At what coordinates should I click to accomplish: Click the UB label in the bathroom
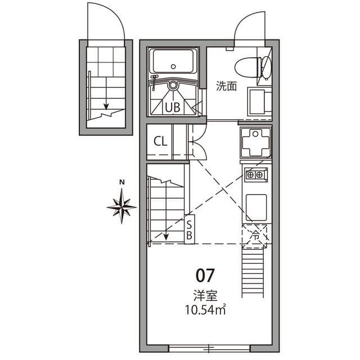[173, 107]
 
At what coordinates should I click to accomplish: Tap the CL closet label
[160, 141]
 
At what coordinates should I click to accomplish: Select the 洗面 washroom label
[226, 86]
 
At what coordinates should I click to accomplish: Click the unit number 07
[205, 275]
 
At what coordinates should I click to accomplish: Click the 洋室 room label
[205, 295]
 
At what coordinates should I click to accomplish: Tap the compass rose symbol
[121, 206]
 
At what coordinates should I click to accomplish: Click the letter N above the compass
[121, 182]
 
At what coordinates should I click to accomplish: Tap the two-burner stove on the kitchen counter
[254, 174]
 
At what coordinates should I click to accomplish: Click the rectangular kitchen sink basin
[256, 206]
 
